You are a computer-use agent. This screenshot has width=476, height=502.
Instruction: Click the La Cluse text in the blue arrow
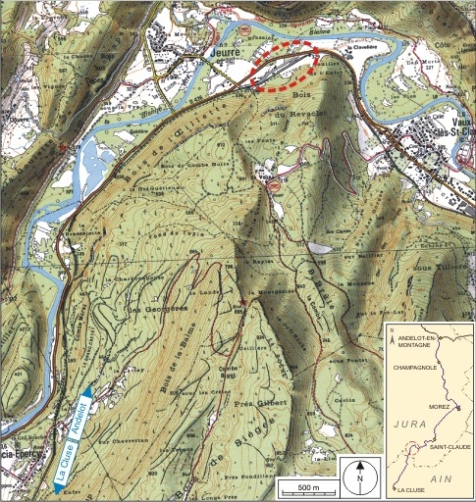[x=63, y=459]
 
